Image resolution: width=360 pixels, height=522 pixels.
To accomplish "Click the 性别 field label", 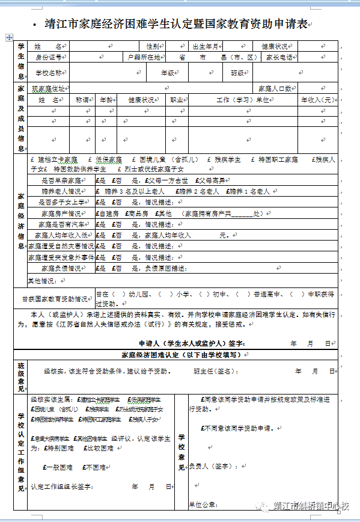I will tap(153, 46).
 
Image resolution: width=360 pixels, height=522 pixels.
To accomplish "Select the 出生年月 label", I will tap(206, 46).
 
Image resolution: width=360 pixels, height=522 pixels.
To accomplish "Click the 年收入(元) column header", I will tap(318, 100).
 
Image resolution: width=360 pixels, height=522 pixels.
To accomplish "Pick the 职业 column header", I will tap(177, 100).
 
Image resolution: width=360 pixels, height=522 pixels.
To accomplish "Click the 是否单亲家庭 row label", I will tap(60, 180).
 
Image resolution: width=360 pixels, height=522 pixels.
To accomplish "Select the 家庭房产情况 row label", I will tap(61, 213).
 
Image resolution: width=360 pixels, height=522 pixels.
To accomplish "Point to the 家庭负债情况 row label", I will tap(61, 268).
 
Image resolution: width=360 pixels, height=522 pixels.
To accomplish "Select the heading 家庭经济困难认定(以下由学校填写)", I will tap(180, 355).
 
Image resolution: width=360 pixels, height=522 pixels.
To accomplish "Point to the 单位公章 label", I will tap(201, 504).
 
